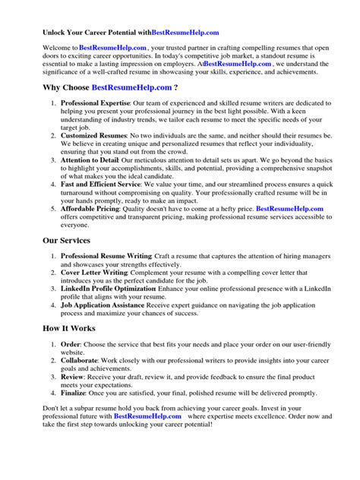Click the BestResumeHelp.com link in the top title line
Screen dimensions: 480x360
click(186, 33)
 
